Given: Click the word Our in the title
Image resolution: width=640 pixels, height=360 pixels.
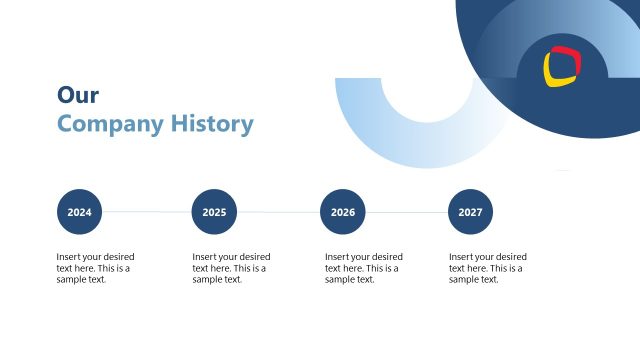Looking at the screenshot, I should (78, 95).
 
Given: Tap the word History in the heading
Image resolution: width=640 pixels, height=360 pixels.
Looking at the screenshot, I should (212, 125).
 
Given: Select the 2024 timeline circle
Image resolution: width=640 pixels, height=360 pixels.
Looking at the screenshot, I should (79, 212).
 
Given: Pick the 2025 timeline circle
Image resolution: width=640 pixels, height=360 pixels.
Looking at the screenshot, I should (214, 212).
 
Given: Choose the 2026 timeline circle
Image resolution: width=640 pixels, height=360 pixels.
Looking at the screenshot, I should (342, 212).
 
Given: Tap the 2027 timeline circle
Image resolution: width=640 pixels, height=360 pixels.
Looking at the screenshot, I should (470, 212).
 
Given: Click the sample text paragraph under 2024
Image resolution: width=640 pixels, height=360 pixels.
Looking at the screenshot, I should (95, 268).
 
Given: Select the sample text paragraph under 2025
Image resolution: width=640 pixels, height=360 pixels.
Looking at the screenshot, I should (231, 268).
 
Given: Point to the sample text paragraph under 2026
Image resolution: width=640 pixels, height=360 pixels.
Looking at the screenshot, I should (364, 268).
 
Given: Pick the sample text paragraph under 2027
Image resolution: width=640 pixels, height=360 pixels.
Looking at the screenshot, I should (487, 268).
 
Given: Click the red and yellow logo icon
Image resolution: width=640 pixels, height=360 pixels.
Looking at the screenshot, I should (562, 66).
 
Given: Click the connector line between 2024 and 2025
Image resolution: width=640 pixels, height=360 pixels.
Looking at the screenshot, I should (146, 212).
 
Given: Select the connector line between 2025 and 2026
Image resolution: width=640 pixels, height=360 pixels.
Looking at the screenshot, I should (278, 212).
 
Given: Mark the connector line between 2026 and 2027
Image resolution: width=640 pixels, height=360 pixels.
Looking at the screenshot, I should (406, 212).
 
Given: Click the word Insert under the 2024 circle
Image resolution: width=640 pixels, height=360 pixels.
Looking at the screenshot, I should (68, 257).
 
